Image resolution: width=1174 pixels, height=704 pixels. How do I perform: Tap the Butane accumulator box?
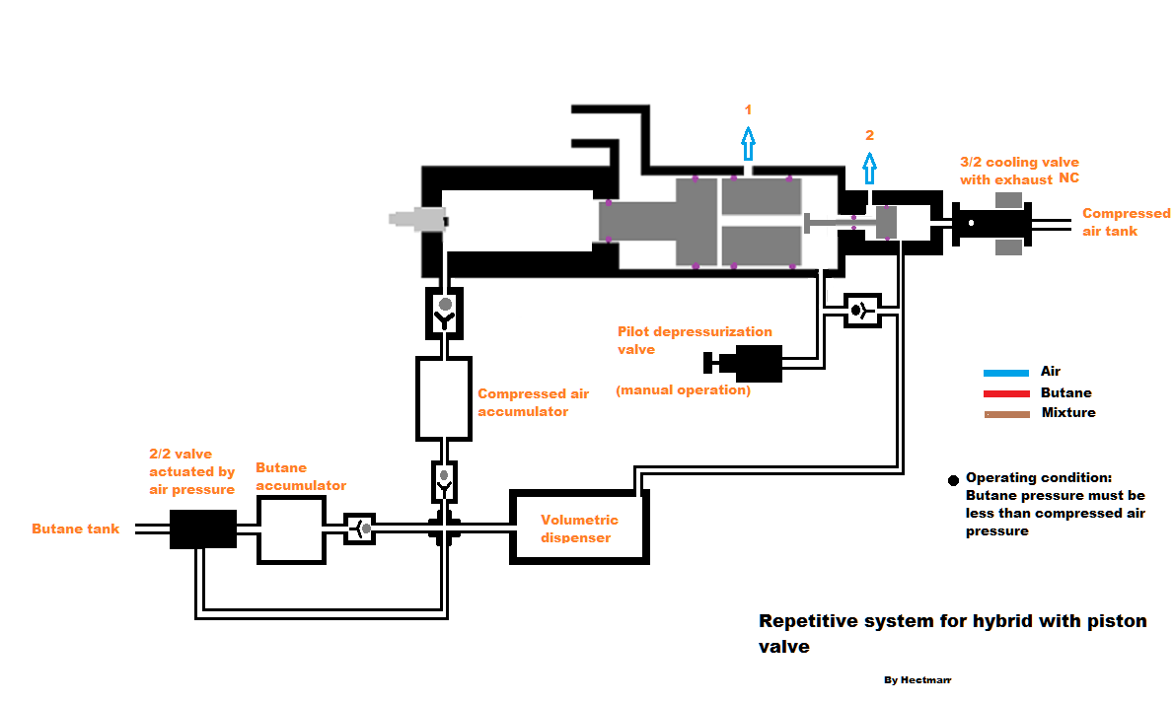coord(291,529)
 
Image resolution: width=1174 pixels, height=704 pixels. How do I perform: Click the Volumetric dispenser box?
coord(578,528)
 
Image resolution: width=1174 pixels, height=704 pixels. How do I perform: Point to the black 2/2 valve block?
coord(202,529)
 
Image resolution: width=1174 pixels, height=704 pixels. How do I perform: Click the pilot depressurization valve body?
coord(757,363)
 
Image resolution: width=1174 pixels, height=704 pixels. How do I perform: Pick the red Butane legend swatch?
coord(1005,393)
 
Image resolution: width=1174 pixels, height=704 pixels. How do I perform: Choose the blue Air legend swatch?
coord(1005,373)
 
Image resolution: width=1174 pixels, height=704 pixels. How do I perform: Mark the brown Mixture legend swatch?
coord(1005,414)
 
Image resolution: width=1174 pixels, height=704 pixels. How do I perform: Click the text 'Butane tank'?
coord(75,529)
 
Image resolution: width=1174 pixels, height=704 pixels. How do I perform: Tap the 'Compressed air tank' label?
coord(1126,222)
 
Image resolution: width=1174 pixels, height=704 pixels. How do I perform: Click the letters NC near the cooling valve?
coord(1068,179)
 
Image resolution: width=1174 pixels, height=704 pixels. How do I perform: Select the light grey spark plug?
coord(417,221)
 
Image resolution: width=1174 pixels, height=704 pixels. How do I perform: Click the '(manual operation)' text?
coord(683,390)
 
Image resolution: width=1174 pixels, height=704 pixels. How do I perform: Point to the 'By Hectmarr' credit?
coord(917,680)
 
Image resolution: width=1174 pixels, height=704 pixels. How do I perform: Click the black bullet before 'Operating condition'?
coord(952,480)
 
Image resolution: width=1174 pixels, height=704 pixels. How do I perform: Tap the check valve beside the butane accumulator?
coord(359,529)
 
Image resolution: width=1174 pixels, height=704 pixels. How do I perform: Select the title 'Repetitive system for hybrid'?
coord(952,621)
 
